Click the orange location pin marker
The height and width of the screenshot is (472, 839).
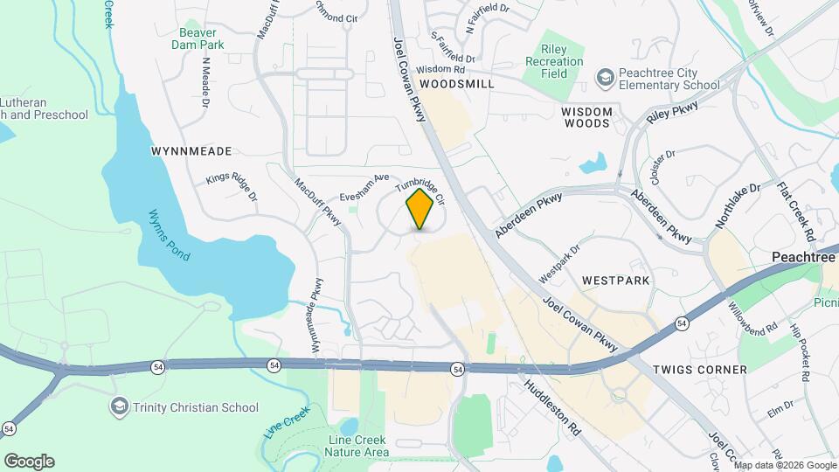420,209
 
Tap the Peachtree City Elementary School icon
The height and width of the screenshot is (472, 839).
604,79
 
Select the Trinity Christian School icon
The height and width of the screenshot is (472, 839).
119,406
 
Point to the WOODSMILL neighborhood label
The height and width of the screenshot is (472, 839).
456,84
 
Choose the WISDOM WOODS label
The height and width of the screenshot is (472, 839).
597,117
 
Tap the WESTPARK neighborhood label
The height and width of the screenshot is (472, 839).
616,281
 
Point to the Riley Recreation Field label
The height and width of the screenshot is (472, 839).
555,62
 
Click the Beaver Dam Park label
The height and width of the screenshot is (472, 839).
202,38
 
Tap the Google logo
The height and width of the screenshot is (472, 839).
28,461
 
